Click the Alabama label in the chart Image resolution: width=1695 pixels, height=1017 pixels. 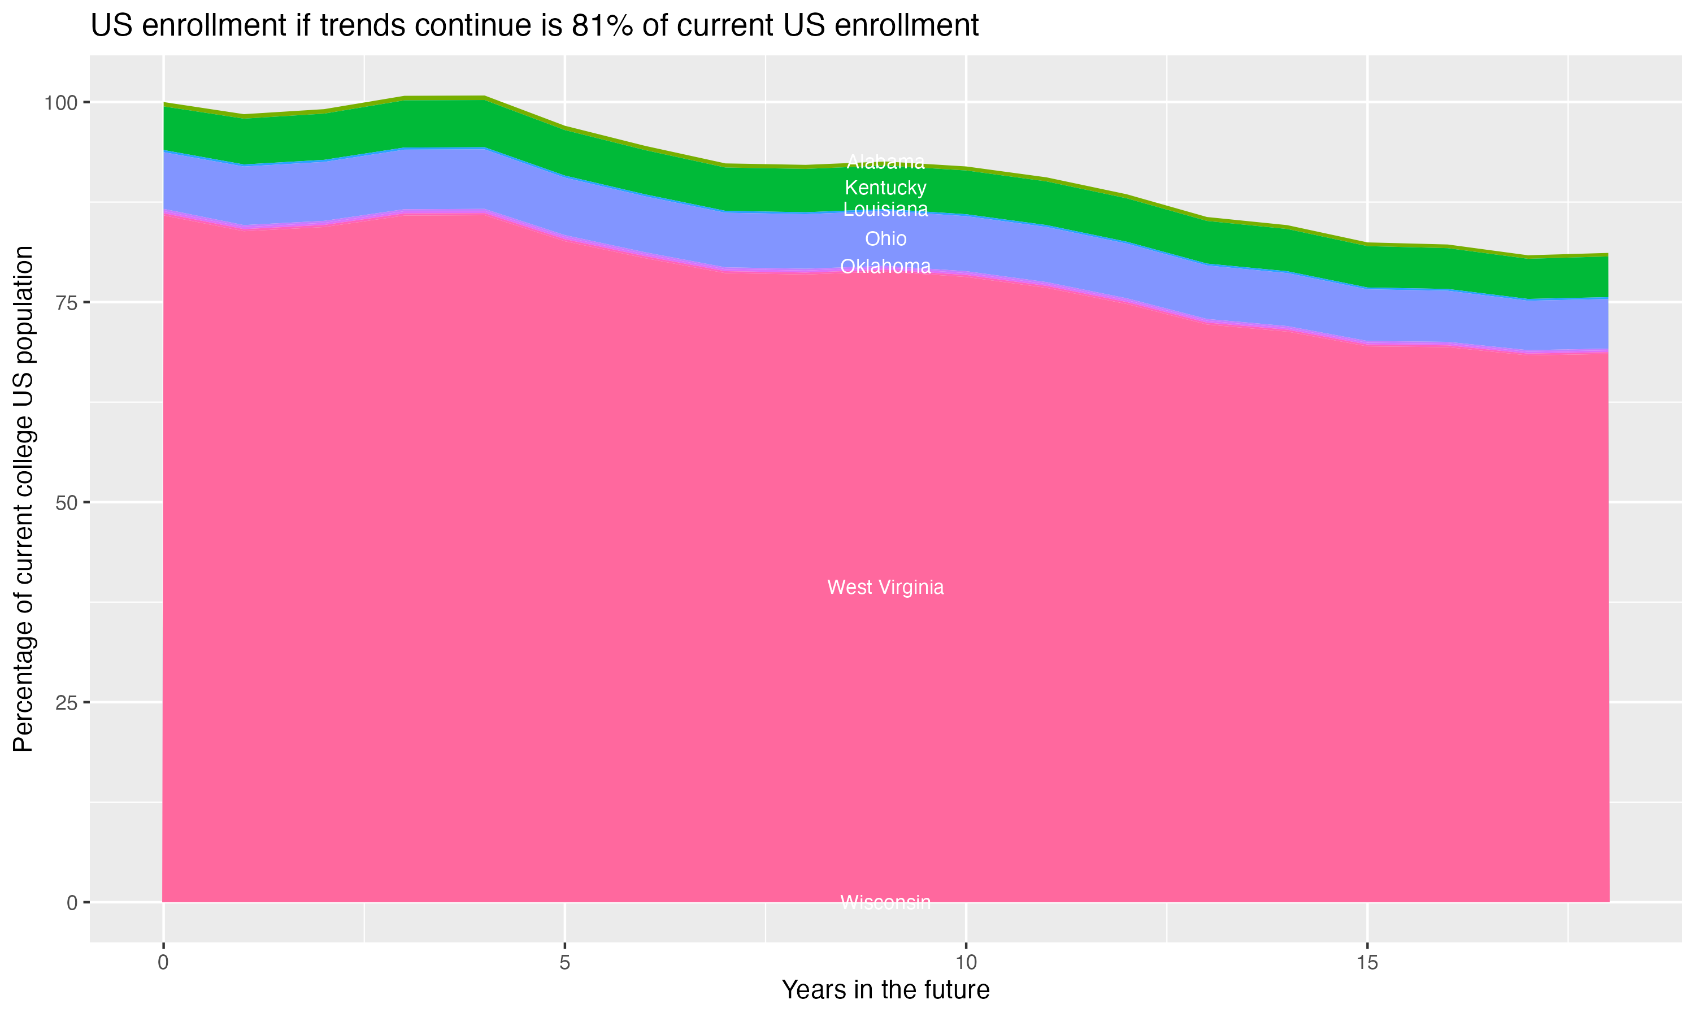[885, 162]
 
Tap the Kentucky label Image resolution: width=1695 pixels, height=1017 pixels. [885, 188]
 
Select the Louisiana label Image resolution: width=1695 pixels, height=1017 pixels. [885, 210]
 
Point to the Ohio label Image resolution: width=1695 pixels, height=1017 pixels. [885, 239]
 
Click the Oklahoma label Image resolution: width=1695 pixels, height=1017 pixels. [885, 267]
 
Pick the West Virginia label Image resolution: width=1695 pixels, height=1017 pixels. [885, 587]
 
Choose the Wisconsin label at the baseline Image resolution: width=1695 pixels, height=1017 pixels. [885, 902]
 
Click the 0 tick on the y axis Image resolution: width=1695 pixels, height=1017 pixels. [71, 902]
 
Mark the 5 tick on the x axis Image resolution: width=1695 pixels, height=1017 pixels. [564, 963]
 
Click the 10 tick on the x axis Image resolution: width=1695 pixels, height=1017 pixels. [966, 963]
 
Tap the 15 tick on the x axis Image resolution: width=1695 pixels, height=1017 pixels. [1367, 963]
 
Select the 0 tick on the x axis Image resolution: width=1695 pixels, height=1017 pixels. [163, 963]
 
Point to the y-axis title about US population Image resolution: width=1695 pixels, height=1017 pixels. [24, 498]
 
